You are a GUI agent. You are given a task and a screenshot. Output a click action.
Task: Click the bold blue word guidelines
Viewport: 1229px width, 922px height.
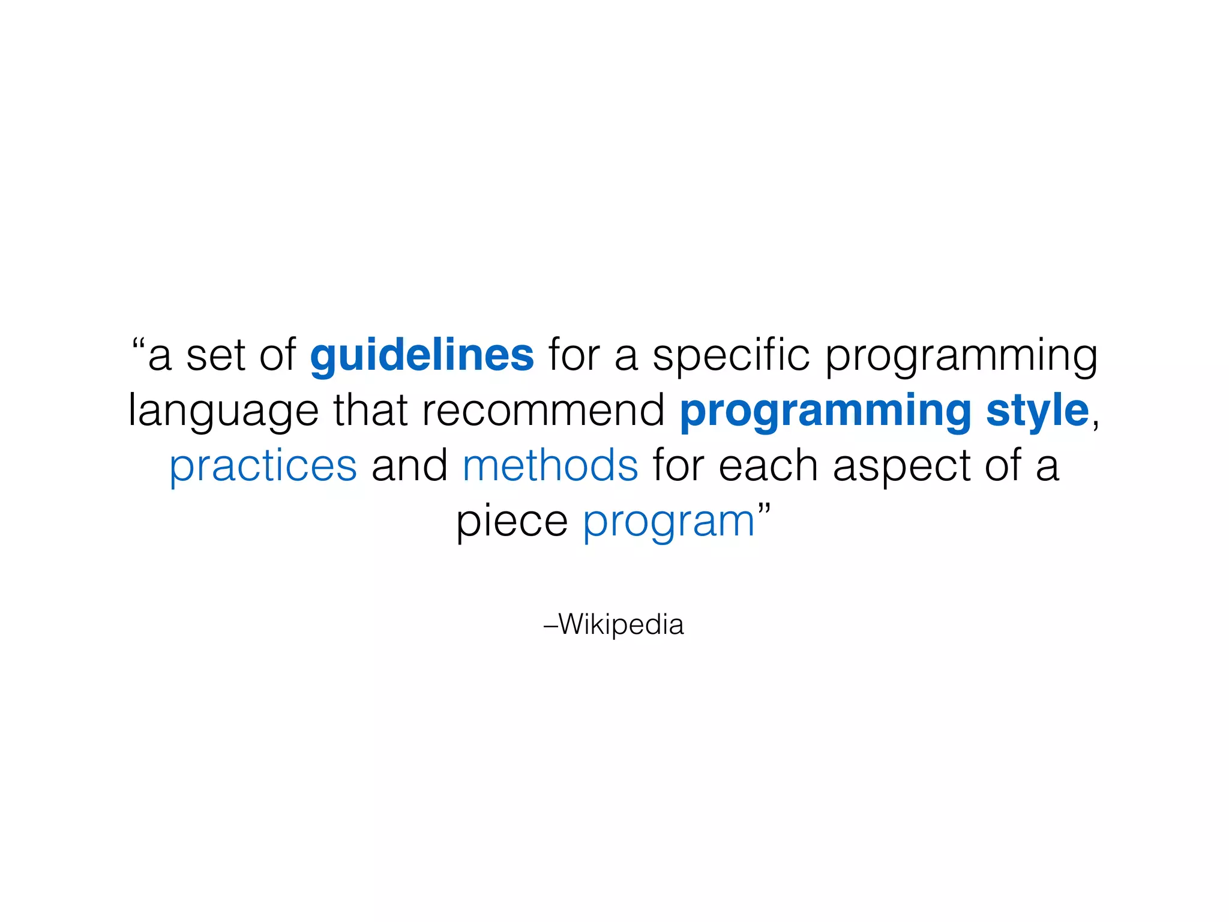coord(422,355)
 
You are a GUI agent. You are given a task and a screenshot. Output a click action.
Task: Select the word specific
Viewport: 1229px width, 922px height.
coord(731,355)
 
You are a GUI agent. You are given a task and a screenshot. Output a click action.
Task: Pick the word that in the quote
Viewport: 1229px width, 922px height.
coord(370,411)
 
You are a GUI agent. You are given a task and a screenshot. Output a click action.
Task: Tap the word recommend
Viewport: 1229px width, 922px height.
coord(543,411)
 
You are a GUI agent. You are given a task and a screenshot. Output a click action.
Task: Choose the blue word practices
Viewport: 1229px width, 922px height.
coord(263,467)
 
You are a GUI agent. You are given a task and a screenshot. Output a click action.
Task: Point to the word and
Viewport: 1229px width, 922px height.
coord(409,466)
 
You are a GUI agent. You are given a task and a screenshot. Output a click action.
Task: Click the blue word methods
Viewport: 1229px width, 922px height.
coord(550,466)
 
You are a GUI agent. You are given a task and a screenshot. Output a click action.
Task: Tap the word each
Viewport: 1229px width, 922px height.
coord(768,466)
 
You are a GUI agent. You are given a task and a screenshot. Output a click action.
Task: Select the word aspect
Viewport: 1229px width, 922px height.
coord(901,467)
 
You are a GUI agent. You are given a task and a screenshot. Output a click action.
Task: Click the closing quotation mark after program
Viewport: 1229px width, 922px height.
coord(763,510)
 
